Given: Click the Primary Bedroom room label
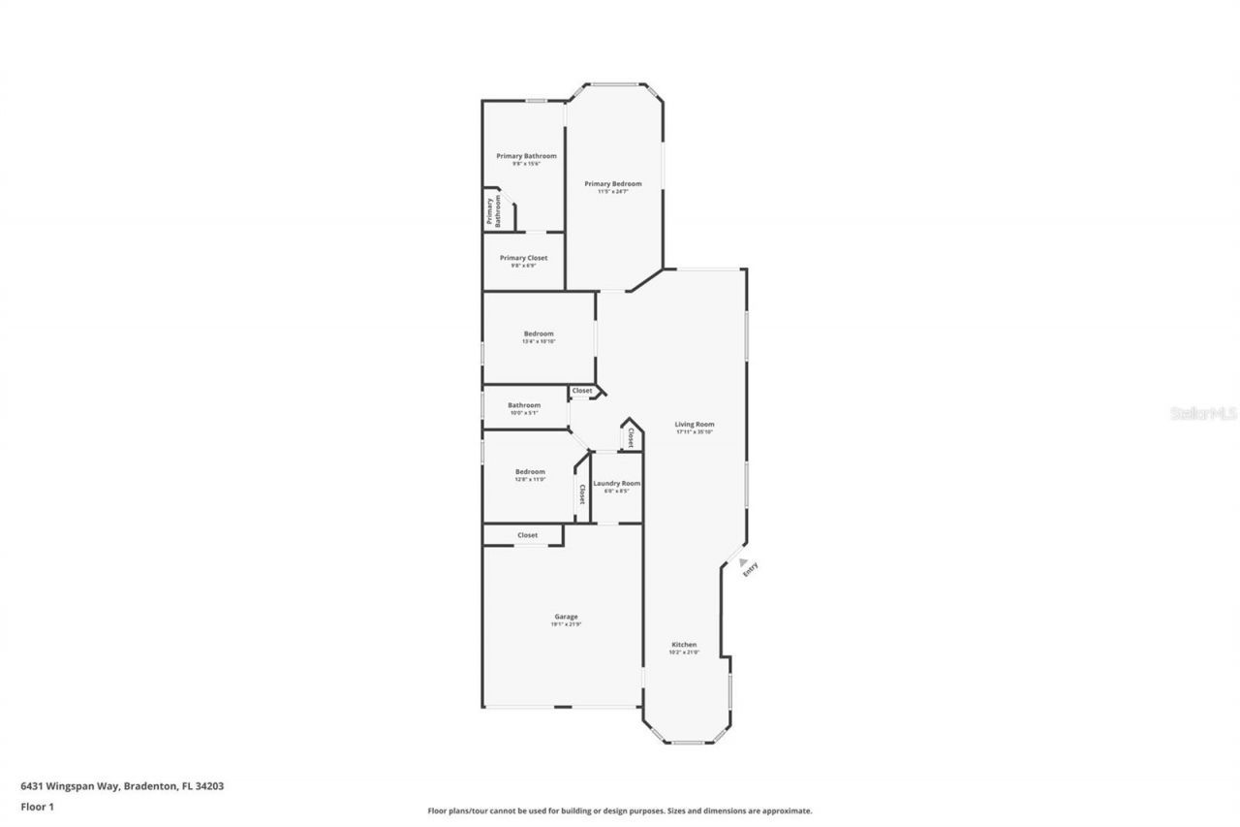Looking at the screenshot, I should [612, 183].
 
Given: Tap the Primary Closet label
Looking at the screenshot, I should [523, 258].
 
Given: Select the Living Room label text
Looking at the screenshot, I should [695, 424].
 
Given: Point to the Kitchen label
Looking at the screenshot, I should [684, 645].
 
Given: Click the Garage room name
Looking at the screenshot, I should [566, 617].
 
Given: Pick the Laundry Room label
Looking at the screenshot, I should [616, 483].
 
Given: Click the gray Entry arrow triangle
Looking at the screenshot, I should [743, 561].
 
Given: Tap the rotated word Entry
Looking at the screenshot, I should [750, 572].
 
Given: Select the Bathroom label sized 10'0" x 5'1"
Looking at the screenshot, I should [524, 405].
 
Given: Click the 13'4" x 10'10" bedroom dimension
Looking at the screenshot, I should [539, 341].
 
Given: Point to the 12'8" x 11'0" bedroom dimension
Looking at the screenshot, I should [530, 479].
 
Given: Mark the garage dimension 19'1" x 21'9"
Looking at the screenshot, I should [566, 624].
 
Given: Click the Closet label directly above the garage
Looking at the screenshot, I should [527, 535].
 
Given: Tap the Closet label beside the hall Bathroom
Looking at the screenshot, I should [582, 391].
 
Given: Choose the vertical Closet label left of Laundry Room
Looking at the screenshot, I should [582, 494].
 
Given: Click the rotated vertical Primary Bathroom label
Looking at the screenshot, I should [494, 211].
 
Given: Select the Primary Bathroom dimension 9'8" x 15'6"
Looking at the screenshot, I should [526, 164].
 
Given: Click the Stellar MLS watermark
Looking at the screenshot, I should [1203, 413].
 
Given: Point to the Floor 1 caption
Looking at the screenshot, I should [38, 806].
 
